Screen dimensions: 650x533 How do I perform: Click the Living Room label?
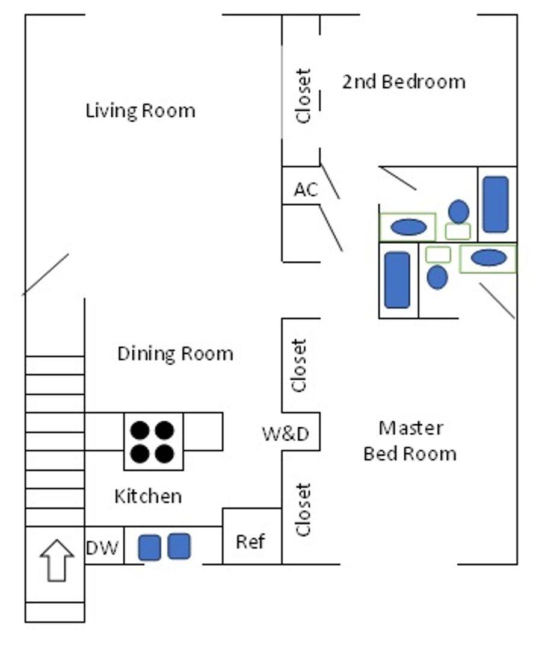pos(140,111)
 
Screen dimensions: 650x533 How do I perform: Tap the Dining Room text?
pos(175,353)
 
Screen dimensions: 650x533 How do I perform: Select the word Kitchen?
pos(148,497)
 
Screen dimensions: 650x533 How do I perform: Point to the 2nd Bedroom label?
pos(404,81)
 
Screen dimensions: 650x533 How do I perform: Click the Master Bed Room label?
pos(410,441)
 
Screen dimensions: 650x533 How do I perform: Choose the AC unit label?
pos(306,190)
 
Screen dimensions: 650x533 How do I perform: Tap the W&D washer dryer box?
pos(285,433)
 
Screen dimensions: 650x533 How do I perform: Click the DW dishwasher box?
pos(103,548)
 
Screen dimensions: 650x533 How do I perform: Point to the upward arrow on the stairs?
pos(57,560)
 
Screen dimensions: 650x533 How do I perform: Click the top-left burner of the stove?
pos(140,430)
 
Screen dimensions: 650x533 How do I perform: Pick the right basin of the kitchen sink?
pos(179,546)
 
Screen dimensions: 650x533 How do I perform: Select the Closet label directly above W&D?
pos(299,365)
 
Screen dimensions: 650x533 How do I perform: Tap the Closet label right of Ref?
pos(303,509)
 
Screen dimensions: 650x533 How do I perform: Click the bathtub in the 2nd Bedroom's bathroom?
pos(496,204)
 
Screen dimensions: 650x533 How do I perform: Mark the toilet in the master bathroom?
pos(437,277)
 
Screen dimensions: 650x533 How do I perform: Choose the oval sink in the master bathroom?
pos(488,258)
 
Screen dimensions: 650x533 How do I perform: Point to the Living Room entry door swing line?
pos(46,274)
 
